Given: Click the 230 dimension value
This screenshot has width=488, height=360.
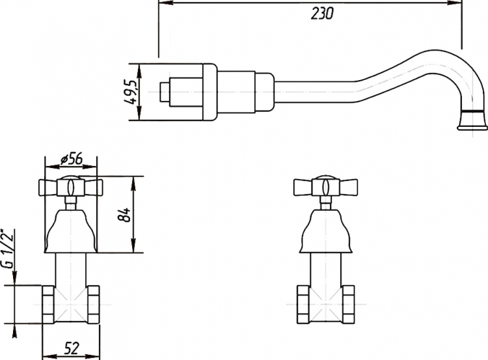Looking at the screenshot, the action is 322,14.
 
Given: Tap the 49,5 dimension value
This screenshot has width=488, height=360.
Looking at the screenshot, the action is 130,92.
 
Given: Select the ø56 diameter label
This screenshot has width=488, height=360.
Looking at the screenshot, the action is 72,159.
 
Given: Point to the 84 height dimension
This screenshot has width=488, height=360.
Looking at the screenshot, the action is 124,215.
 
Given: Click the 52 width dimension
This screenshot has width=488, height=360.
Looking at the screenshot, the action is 72,348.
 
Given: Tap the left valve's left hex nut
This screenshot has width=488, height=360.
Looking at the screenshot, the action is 48,304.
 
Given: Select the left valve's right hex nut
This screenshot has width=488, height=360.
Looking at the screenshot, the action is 93,304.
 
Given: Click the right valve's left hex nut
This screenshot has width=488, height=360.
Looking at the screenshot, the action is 303,304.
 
